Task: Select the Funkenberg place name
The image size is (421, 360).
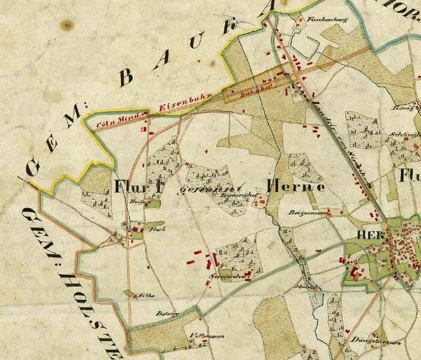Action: (x=318, y=19)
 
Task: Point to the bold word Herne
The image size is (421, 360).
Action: (x=296, y=187)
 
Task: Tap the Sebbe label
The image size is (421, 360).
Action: (x=147, y=295)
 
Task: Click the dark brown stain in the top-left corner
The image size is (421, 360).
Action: (x=67, y=25)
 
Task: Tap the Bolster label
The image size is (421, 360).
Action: (x=165, y=314)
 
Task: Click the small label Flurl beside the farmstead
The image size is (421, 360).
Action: (x=156, y=229)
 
